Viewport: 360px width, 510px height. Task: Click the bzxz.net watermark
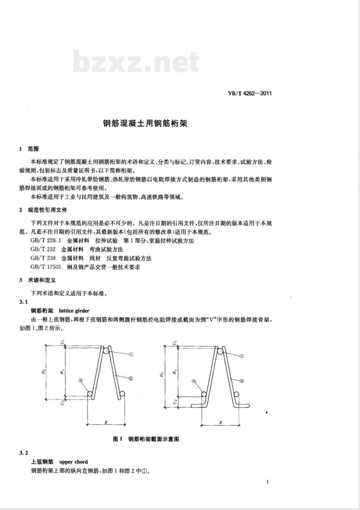pyautogui.click(x=136, y=62)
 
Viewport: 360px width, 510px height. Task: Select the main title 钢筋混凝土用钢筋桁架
pyautogui.click(x=145, y=124)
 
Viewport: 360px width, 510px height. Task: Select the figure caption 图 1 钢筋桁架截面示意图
pyautogui.click(x=146, y=439)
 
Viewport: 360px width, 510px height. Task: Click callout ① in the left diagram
pyautogui.click(x=131, y=354)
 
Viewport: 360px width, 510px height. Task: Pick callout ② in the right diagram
pyautogui.click(x=242, y=380)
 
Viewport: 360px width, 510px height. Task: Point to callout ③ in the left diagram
pyautogui.click(x=81, y=380)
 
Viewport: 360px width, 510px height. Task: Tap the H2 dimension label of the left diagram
pyautogui.click(x=43, y=372)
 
